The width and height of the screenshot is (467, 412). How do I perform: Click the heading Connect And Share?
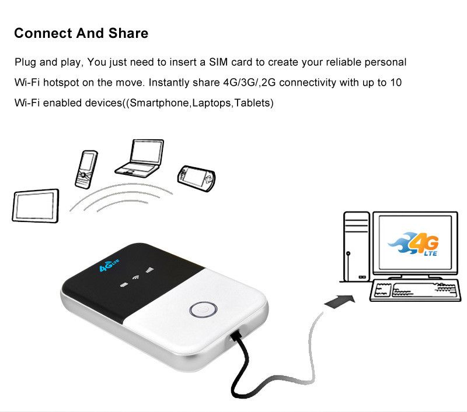point(81,33)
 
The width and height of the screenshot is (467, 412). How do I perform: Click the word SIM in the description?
point(218,62)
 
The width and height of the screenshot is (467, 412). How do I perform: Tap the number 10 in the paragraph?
point(396,82)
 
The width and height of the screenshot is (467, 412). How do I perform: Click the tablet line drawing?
point(36,206)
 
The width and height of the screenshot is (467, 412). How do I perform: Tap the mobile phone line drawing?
point(86,170)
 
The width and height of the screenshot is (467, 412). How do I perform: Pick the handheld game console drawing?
point(196,178)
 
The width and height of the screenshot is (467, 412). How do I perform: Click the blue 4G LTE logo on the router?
point(109,265)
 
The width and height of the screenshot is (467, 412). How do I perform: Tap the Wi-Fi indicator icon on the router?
point(136,277)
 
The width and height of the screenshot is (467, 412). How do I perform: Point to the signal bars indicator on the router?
point(149,270)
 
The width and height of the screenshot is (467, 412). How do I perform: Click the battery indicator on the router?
point(124,285)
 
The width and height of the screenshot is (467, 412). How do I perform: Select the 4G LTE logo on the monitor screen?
point(414,244)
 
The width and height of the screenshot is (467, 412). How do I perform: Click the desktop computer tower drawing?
point(357,247)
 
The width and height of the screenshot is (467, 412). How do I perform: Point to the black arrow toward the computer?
point(340,301)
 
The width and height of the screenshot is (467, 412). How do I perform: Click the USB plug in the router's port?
point(236,335)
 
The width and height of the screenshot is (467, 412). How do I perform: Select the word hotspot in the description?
point(61,83)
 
